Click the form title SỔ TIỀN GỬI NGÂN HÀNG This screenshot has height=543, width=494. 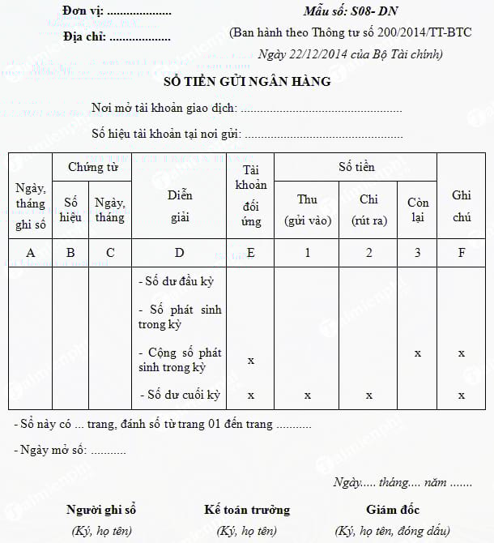pyautogui.click(x=247, y=81)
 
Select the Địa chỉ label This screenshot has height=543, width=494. pyautogui.click(x=85, y=36)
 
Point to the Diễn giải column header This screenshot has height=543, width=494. pyautogui.click(x=180, y=207)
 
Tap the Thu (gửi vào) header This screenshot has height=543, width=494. pyautogui.click(x=307, y=209)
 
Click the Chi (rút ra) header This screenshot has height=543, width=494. pyautogui.click(x=368, y=209)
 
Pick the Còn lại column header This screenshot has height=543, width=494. pyautogui.click(x=417, y=209)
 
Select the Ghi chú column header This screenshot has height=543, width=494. pyautogui.click(x=462, y=207)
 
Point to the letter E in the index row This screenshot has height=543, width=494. pyautogui.click(x=251, y=252)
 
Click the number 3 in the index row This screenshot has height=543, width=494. pyautogui.click(x=417, y=252)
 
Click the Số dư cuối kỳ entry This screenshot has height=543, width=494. pyautogui.click(x=181, y=395)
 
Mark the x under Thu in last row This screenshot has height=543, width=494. pyautogui.click(x=307, y=395)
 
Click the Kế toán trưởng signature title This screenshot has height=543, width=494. pyautogui.click(x=247, y=510)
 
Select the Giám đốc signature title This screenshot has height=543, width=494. pyautogui.click(x=393, y=510)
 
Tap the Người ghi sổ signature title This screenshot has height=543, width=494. pyautogui.click(x=101, y=510)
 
